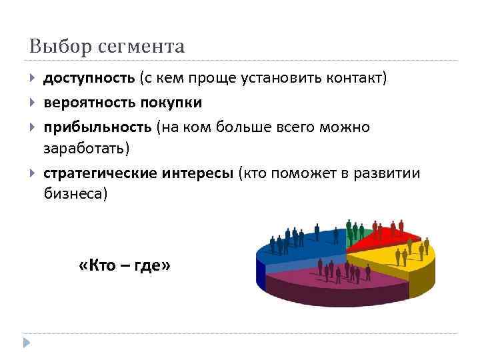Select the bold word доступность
(x=89, y=79)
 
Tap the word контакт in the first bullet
(x=356, y=79)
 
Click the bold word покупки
(x=171, y=103)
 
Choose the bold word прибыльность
(x=97, y=127)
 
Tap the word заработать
(x=85, y=147)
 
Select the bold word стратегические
(x=101, y=174)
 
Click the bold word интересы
(x=197, y=174)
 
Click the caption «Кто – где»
(x=125, y=265)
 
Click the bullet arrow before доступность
(x=33, y=79)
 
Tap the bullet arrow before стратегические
(x=33, y=174)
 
